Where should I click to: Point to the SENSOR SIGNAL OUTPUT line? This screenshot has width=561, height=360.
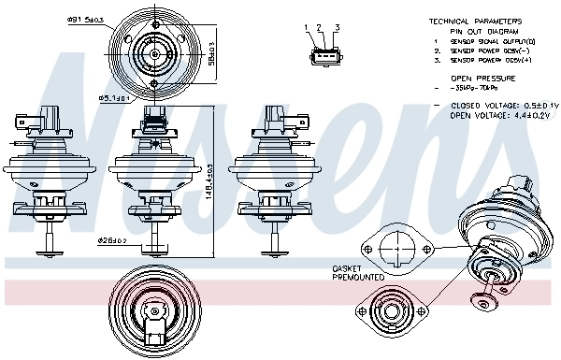pyautogui.click(x=482, y=41)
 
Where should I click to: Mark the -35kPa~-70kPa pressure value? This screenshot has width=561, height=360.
pyautogui.click(x=474, y=90)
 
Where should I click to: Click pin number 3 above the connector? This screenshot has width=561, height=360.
pyautogui.click(x=336, y=28)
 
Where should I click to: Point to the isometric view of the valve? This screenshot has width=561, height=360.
pyautogui.click(x=496, y=238)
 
